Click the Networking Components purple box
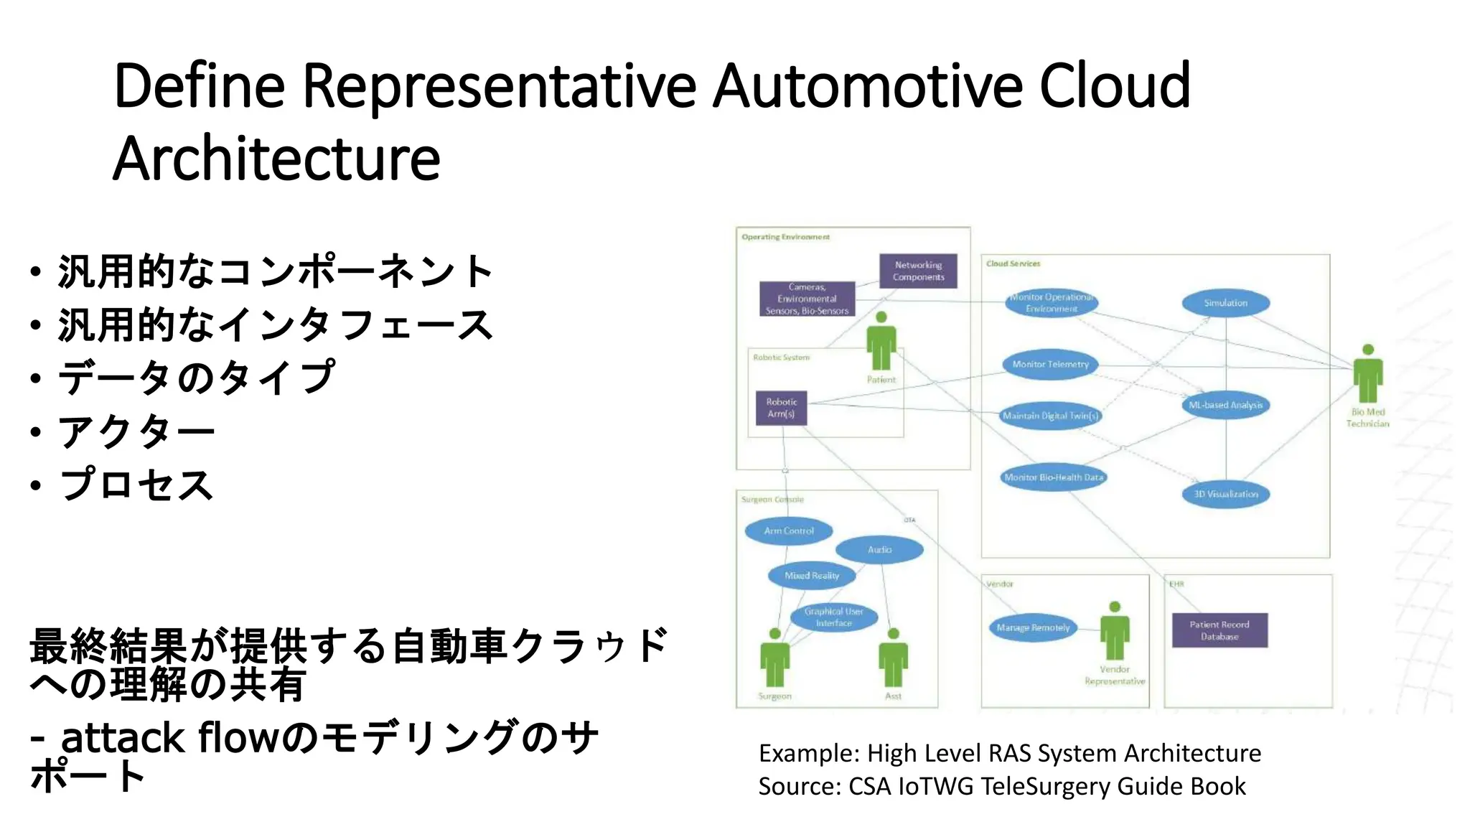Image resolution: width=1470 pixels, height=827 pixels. pos(918,271)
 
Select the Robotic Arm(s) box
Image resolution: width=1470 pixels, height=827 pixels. pos(781,408)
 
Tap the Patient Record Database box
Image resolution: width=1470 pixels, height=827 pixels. pos(1219,630)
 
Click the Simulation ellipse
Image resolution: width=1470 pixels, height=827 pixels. pos(1225,303)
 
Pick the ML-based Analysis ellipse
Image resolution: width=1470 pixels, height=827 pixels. pos(1225,405)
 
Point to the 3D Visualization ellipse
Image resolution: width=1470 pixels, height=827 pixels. pos(1225,494)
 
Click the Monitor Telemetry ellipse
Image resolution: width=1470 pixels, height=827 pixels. pos(1050,365)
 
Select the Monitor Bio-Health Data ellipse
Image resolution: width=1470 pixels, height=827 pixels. pos(1053,477)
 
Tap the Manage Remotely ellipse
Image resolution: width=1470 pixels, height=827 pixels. pos(1033,627)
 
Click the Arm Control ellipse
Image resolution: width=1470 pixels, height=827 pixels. pos(788,531)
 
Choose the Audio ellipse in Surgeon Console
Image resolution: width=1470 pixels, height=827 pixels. pos(879,550)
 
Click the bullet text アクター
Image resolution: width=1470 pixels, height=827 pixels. pos(136,431)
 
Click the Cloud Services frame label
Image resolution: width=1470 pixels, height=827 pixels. pos(1013,263)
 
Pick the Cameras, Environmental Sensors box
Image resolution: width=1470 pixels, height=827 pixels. pos(807,299)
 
